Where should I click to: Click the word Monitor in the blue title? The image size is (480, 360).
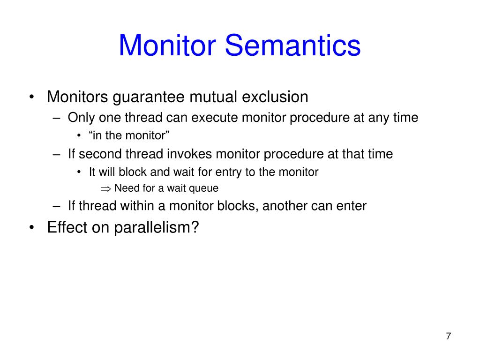tap(167, 45)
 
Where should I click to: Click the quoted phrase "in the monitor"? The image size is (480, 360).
tap(129, 135)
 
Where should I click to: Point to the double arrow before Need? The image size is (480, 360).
tap(105, 189)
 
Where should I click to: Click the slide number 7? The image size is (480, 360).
tap(449, 336)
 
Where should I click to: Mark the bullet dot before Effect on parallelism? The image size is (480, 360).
tap(31, 227)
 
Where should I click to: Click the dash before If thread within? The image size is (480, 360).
tap(57, 206)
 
